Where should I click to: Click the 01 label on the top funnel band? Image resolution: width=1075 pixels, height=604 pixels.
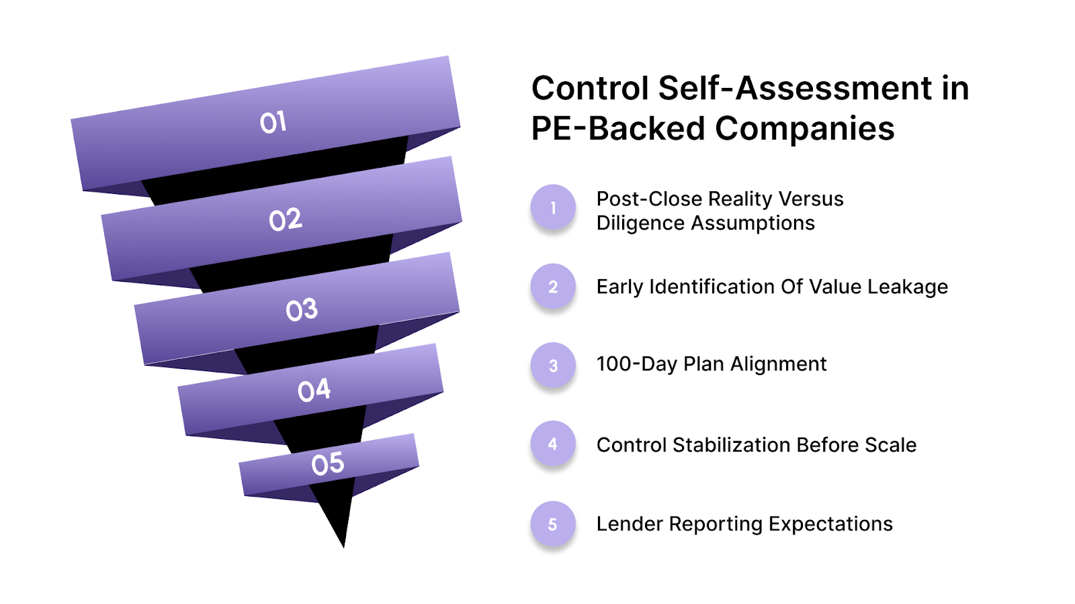click(x=273, y=122)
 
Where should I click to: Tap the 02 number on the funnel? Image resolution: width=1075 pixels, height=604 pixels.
click(x=286, y=219)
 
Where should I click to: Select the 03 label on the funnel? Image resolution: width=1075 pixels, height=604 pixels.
click(x=302, y=309)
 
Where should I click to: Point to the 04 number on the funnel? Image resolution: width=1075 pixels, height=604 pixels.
click(x=314, y=390)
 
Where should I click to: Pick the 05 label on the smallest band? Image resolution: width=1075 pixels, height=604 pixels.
click(x=328, y=464)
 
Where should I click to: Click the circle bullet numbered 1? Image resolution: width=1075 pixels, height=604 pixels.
click(x=553, y=207)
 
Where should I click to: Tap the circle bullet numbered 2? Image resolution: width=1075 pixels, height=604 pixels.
click(x=553, y=287)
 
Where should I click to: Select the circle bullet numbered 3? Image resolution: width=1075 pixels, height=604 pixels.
click(x=553, y=366)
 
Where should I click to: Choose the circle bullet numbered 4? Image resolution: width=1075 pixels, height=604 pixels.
click(x=553, y=444)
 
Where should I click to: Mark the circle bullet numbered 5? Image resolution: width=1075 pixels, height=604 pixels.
click(x=553, y=524)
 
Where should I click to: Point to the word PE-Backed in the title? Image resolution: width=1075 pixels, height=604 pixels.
click(x=616, y=128)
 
